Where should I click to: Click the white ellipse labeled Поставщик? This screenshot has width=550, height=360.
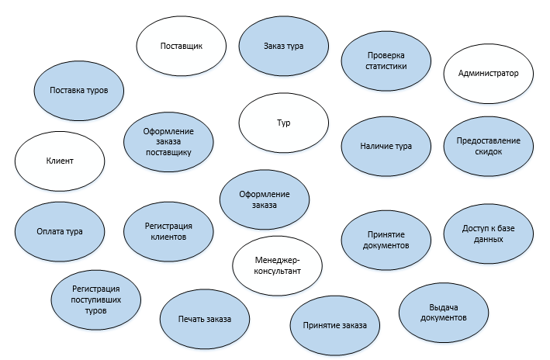point(181,47)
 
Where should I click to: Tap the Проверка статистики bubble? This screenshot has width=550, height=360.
point(386,61)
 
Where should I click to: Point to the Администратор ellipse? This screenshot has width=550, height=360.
point(489,74)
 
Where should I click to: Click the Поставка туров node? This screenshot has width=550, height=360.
point(78,90)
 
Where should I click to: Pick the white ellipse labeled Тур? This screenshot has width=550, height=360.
point(282,123)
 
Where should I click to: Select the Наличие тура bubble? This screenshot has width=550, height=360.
point(386,146)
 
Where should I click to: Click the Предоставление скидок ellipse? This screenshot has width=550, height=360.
point(489,146)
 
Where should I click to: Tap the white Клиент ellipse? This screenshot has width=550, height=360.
point(60,161)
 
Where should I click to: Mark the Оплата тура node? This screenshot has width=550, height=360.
point(60,231)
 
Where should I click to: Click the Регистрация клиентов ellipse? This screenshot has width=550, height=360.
point(168,231)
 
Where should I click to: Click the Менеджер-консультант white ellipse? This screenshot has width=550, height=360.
point(277,266)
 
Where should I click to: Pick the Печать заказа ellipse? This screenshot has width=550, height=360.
point(204,320)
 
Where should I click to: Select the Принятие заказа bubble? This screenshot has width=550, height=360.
point(335,325)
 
